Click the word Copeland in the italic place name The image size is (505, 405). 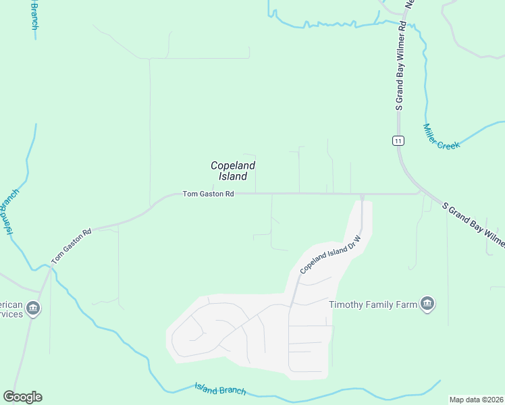[232, 165]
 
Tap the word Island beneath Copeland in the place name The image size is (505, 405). [233, 177]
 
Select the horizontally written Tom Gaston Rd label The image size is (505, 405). [208, 194]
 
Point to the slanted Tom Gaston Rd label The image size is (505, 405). [71, 246]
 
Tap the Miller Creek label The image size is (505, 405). [442, 136]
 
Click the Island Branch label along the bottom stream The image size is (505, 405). [220, 389]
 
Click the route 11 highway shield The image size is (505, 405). [398, 140]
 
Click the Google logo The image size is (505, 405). [22, 397]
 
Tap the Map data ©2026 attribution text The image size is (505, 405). [476, 400]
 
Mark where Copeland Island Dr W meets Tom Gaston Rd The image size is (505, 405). [362, 195]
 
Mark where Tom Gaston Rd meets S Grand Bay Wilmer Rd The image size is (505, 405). [419, 194]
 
